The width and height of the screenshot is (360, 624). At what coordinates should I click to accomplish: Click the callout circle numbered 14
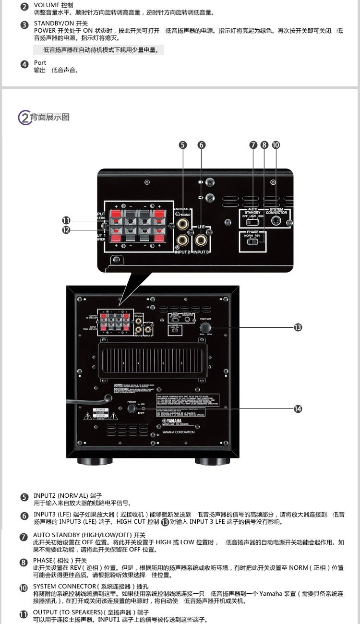(298, 408)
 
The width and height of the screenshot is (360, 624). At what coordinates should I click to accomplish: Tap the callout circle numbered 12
(66, 230)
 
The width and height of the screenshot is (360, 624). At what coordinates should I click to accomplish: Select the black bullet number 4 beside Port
(24, 64)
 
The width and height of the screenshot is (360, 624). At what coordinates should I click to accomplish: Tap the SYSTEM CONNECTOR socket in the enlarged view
(276, 221)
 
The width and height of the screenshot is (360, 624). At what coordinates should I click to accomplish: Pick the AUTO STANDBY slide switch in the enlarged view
(252, 222)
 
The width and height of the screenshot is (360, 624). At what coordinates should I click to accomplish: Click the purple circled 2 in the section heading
(24, 117)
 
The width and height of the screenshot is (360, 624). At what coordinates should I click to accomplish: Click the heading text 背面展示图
(50, 117)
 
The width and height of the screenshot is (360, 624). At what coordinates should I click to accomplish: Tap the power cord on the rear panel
(91, 400)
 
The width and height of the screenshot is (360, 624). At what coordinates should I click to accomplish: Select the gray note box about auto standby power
(98, 49)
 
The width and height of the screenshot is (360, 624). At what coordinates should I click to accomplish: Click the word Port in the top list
(40, 63)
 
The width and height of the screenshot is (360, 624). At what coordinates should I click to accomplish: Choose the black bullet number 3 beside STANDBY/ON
(24, 25)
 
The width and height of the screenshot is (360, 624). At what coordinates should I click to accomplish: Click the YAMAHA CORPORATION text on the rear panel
(179, 432)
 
